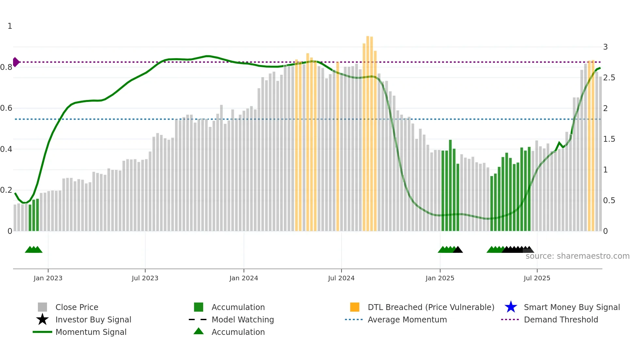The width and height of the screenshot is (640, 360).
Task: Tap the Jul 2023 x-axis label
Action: pyautogui.click(x=145, y=278)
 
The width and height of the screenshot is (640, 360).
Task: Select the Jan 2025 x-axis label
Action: pyautogui.click(x=440, y=278)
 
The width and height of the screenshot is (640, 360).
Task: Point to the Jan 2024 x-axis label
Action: pyautogui.click(x=244, y=278)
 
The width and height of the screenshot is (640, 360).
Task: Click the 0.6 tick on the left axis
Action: pyautogui.click(x=6, y=108)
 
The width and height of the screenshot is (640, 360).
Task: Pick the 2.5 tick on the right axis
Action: pyautogui.click(x=609, y=78)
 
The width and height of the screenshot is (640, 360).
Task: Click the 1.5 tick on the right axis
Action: pyautogui.click(x=609, y=139)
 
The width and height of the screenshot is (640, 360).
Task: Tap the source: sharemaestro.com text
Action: pyautogui.click(x=577, y=256)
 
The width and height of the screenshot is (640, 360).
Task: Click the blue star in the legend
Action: pyautogui.click(x=511, y=307)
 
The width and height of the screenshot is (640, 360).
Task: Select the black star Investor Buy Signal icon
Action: pyautogui.click(x=42, y=319)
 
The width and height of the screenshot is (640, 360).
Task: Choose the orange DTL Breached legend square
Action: pyautogui.click(x=355, y=307)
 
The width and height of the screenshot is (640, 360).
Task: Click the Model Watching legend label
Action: pyautogui.click(x=243, y=319)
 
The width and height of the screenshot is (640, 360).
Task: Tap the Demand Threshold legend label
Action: pyautogui.click(x=561, y=319)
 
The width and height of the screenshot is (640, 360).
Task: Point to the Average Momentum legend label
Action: pyautogui.click(x=407, y=319)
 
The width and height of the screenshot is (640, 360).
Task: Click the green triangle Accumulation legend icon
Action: pyautogui.click(x=199, y=331)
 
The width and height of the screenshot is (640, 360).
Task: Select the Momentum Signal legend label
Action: pyautogui.click(x=91, y=332)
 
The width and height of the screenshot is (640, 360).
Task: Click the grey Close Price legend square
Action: pyautogui.click(x=42, y=307)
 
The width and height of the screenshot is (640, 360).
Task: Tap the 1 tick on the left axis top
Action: pyautogui.click(x=10, y=26)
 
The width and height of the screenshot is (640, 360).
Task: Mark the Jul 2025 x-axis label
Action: pyautogui.click(x=537, y=278)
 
